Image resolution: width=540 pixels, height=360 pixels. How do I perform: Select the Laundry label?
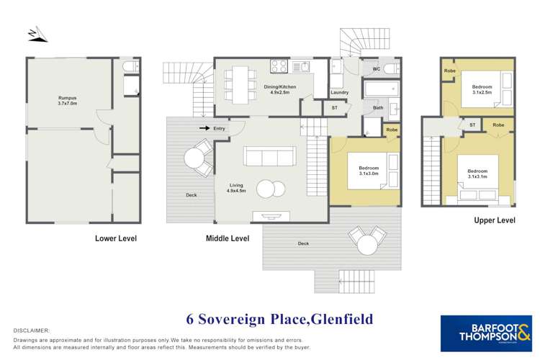339,93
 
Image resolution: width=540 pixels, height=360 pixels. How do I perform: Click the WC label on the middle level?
375,69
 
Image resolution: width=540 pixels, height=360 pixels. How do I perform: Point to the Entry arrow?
206,128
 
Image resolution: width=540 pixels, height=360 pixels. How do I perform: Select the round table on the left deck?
194,158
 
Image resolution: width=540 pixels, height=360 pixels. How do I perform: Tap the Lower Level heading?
116,238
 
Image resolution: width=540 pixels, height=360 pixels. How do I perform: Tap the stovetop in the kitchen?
279,66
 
